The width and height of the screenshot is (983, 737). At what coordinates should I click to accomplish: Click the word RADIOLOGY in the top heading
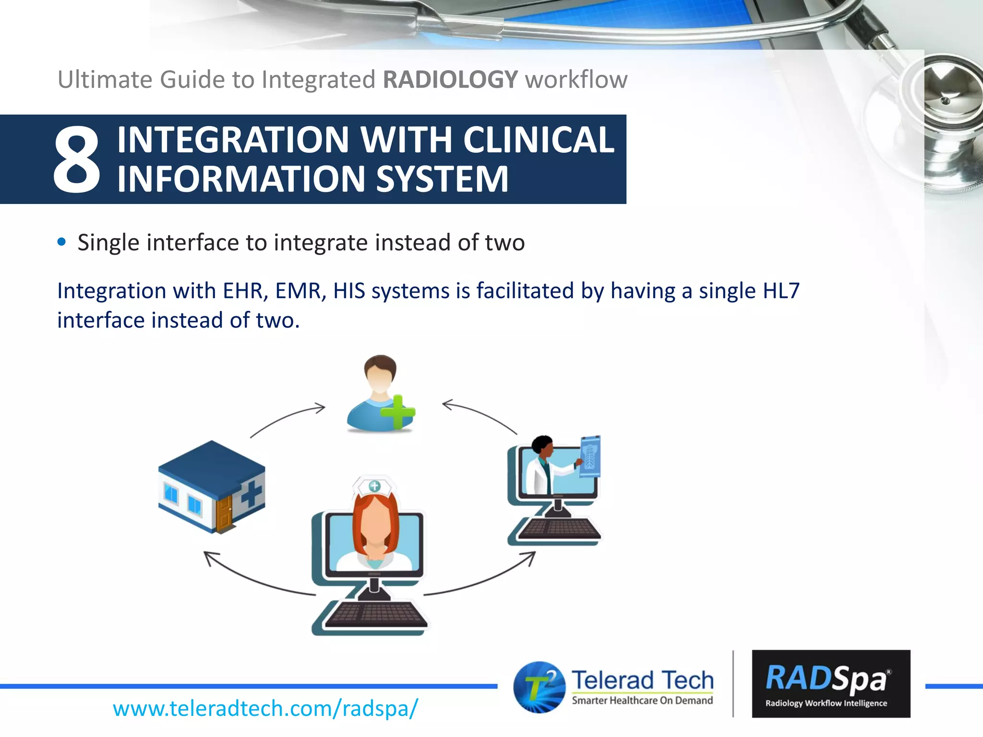pyautogui.click(x=450, y=80)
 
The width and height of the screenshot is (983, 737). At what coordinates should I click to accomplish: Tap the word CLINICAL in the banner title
pyautogui.click(x=539, y=140)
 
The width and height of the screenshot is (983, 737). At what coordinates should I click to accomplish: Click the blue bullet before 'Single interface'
pyautogui.click(x=61, y=242)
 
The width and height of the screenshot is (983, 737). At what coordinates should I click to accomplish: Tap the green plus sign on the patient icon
pyautogui.click(x=397, y=412)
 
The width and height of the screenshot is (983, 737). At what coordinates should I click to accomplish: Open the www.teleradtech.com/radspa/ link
pyautogui.click(x=265, y=708)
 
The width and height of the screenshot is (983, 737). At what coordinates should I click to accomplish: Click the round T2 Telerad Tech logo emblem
pyautogui.click(x=539, y=687)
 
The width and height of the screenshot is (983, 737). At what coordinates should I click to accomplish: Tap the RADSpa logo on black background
pyautogui.click(x=831, y=684)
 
